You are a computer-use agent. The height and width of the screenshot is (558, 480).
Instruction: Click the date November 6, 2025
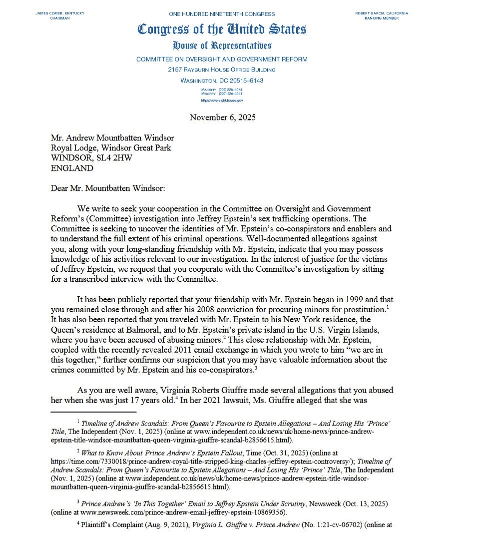[x=222, y=117]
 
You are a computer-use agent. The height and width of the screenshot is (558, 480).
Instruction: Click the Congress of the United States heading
[x=222, y=29]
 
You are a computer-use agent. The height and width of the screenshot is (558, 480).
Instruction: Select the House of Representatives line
[x=222, y=46]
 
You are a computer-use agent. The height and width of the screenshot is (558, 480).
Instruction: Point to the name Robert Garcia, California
[x=381, y=13]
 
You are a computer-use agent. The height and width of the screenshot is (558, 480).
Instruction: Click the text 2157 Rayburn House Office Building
[x=222, y=69]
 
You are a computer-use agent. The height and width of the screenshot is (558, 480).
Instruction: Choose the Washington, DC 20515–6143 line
[x=222, y=80]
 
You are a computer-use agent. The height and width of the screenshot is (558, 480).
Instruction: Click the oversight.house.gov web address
[x=222, y=100]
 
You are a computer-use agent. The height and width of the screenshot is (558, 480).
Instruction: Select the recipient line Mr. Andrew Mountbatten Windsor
[x=112, y=138]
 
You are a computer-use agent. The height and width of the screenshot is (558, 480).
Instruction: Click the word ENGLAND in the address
[x=72, y=168]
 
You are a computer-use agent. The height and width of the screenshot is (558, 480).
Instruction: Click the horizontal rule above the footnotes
[x=86, y=412]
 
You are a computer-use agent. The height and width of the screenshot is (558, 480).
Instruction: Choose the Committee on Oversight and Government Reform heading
[x=222, y=59]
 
